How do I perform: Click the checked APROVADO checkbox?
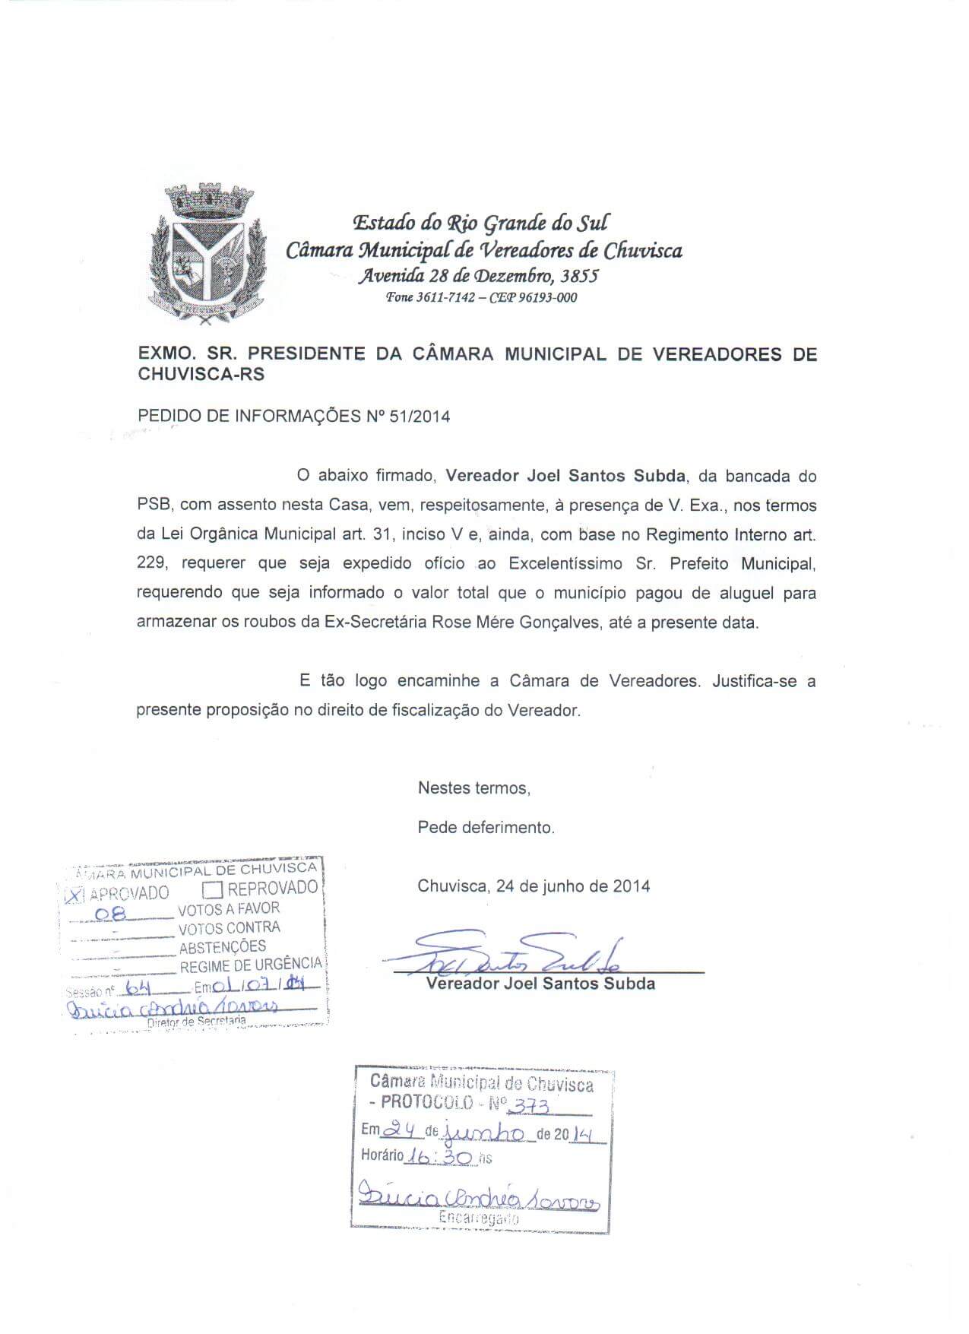pyautogui.click(x=74, y=895)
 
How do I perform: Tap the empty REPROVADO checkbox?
pyautogui.click(x=213, y=889)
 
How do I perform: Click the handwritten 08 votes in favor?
pyautogui.click(x=119, y=911)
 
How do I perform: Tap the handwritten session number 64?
pyautogui.click(x=138, y=988)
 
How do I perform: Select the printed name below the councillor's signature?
pyautogui.click(x=540, y=984)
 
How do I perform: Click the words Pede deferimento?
pyautogui.click(x=486, y=827)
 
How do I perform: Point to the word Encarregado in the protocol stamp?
pyautogui.click(x=479, y=1218)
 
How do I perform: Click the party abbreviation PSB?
pyautogui.click(x=154, y=505)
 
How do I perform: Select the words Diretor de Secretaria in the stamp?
pyautogui.click(x=196, y=1023)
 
